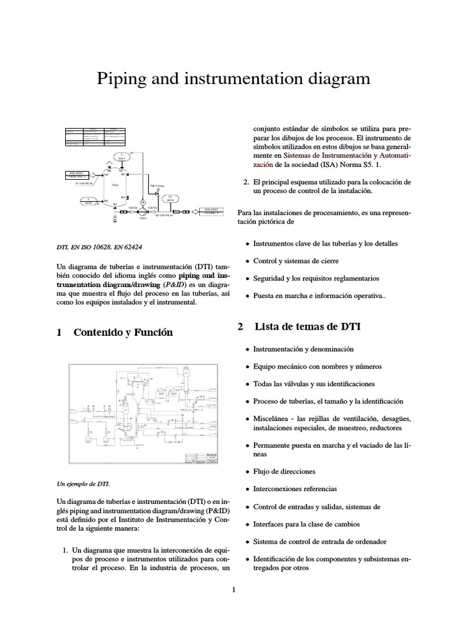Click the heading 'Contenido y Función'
coord(123,333)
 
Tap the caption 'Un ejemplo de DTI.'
coord(82,484)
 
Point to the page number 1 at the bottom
coord(233,589)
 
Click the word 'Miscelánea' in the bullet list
coord(273,420)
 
